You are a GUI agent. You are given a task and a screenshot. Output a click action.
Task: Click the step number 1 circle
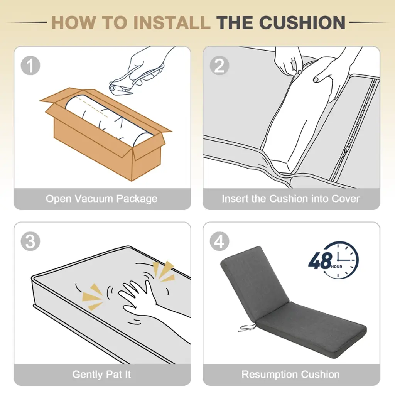[x=30, y=66]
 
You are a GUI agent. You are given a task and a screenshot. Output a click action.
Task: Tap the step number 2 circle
[x=219, y=66]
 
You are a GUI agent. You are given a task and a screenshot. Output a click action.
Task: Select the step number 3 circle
[x=30, y=241]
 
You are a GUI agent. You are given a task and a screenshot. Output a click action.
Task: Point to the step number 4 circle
[x=219, y=241]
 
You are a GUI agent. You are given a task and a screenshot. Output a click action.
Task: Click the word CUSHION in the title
[x=302, y=23]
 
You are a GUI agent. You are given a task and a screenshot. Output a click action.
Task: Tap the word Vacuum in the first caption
[x=94, y=199]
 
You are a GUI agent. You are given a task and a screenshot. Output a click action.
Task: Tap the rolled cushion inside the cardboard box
[x=108, y=118]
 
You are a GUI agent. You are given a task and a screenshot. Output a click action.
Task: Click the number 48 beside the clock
[x=320, y=261]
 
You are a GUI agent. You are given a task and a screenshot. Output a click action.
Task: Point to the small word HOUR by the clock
[x=336, y=267]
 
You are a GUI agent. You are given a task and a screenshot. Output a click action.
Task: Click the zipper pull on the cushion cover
[x=346, y=151]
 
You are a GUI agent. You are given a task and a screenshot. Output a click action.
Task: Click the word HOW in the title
[x=74, y=23]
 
